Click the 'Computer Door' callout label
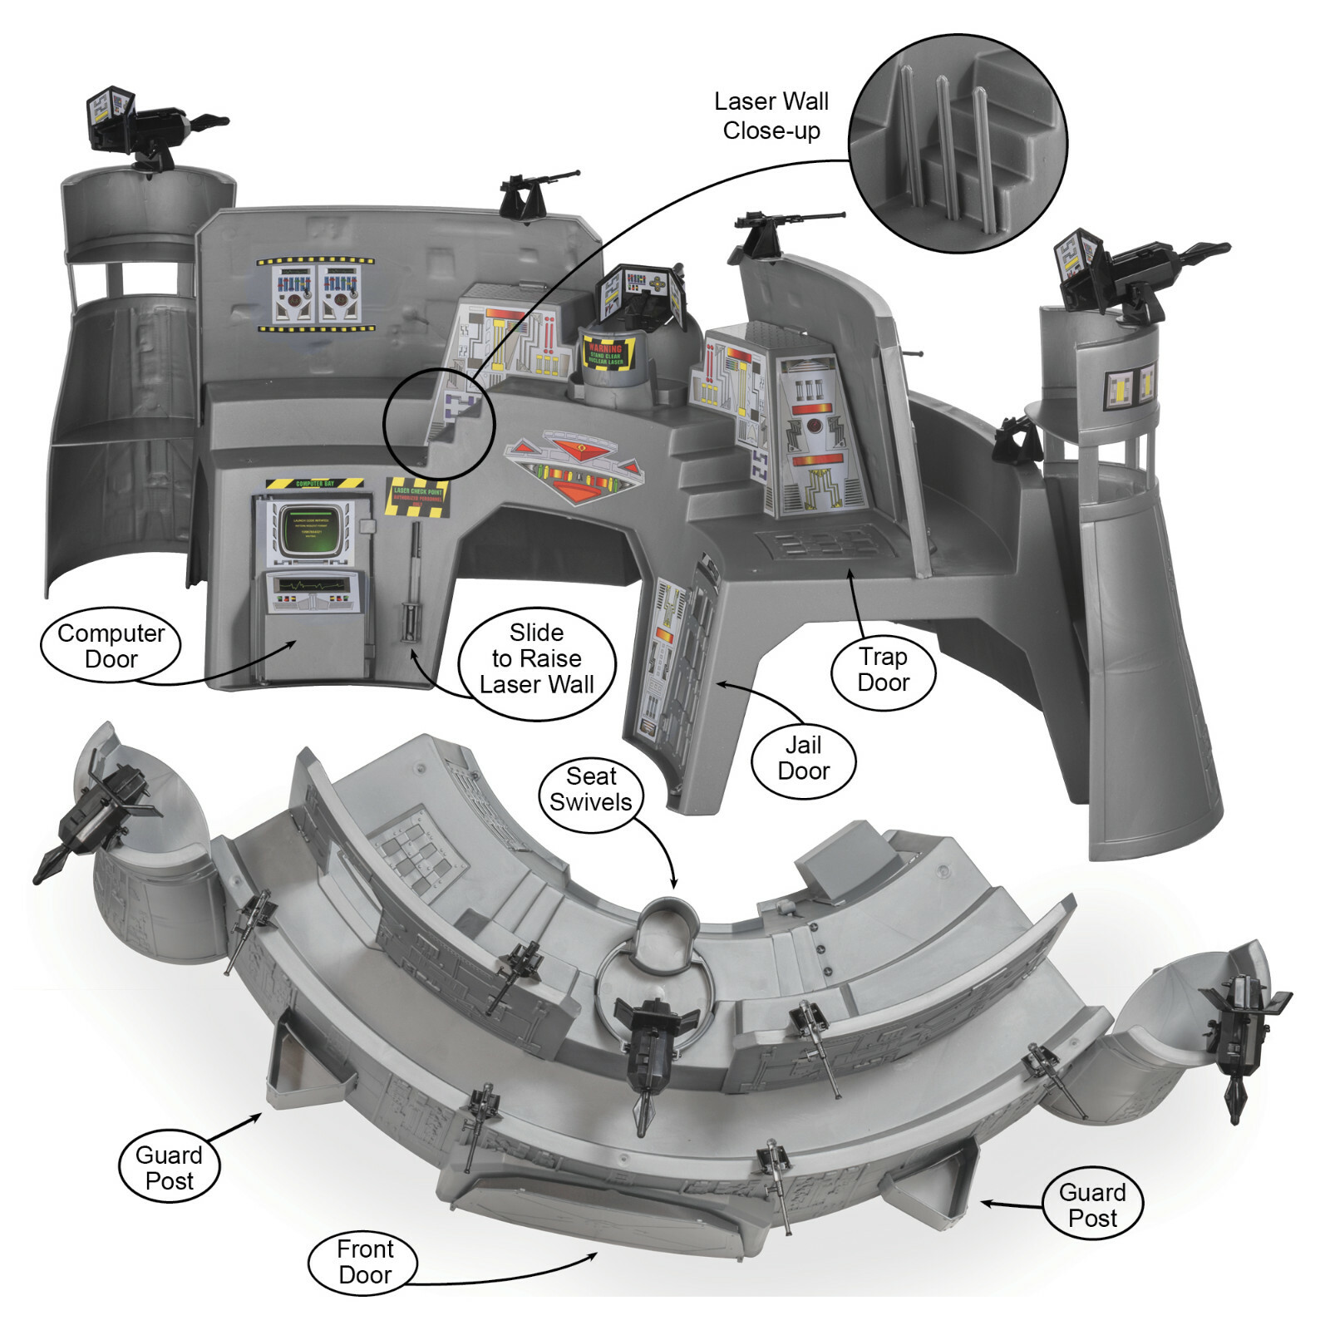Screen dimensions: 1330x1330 click(111, 646)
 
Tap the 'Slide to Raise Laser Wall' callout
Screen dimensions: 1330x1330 click(536, 659)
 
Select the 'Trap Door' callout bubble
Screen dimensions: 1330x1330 click(883, 670)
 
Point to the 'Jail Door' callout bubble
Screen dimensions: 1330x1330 click(803, 758)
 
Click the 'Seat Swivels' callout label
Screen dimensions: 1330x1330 click(590, 790)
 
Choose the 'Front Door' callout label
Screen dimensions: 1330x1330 click(364, 1262)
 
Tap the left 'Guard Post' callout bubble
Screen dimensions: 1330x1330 click(169, 1168)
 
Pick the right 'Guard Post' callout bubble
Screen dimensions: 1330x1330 click(1092, 1205)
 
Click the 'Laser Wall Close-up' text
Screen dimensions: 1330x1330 click(771, 116)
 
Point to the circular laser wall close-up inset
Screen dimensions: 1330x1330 click(958, 143)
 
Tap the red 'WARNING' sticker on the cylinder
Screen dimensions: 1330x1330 click(607, 352)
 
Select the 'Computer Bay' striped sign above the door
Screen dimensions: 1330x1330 click(315, 483)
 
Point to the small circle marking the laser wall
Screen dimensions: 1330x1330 click(438, 424)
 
